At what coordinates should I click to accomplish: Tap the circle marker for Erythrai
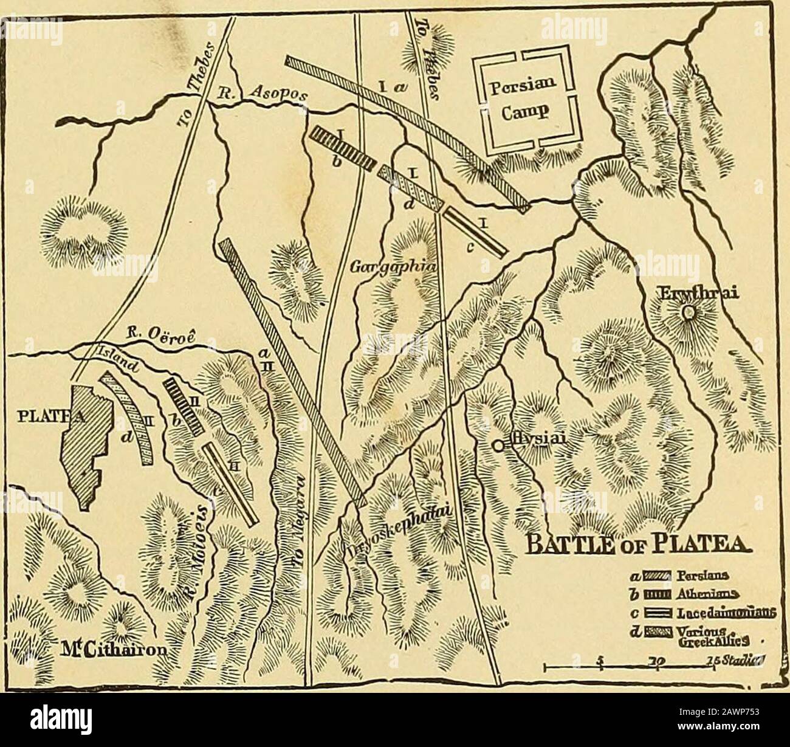pyautogui.click(x=688, y=313)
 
